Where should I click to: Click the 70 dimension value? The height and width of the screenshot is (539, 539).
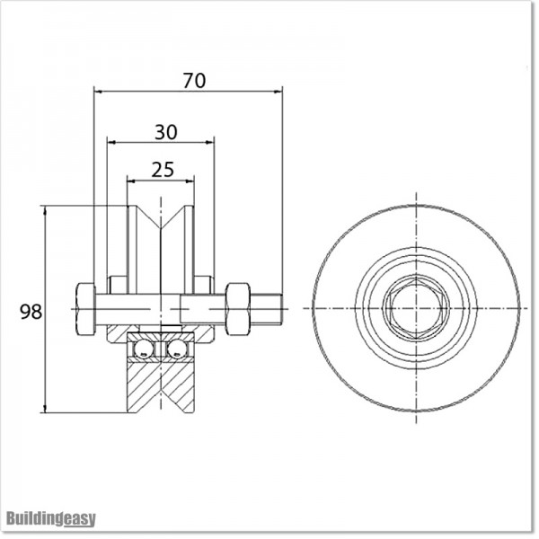[194, 80]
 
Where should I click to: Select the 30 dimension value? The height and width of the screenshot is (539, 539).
[165, 131]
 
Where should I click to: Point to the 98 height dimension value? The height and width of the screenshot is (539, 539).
[31, 312]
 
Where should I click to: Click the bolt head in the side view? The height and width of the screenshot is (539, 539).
[85, 309]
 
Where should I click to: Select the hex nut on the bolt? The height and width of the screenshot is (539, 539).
[237, 309]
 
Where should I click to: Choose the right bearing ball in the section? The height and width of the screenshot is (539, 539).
[179, 348]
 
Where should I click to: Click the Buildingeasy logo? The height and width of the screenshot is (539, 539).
[51, 518]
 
